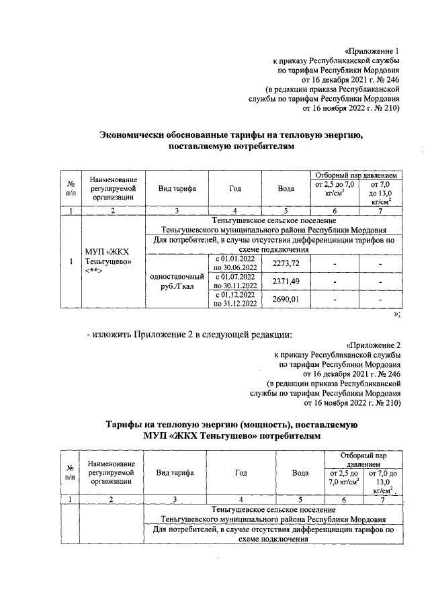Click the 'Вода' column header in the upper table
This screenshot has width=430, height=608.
click(x=286, y=189)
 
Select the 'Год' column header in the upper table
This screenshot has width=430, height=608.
click(x=234, y=189)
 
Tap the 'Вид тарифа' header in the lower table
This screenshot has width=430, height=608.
click(x=175, y=473)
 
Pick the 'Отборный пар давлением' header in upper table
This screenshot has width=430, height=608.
click(x=353, y=175)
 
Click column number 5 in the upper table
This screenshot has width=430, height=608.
click(x=286, y=211)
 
